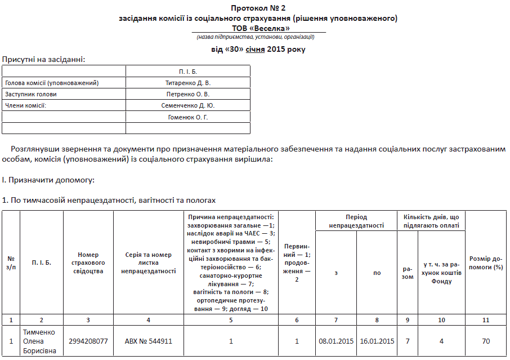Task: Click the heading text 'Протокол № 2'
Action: [x=258, y=8]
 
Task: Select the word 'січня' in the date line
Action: [x=255, y=50]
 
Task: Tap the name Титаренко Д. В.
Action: [x=187, y=83]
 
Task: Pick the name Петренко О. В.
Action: [x=187, y=94]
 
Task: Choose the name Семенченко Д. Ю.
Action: [x=187, y=105]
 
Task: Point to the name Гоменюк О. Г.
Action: [x=187, y=117]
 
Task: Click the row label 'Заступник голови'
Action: [x=31, y=94]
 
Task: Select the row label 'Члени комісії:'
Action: [x=25, y=105]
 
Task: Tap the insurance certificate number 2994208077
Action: [x=88, y=341]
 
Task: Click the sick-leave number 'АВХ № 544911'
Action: [x=149, y=341]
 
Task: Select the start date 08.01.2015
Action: [x=336, y=341]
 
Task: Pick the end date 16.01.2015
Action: [x=377, y=341]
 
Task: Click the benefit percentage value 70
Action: [x=486, y=341]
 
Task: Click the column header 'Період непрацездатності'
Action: [x=356, y=221]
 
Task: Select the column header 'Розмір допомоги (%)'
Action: [x=486, y=263]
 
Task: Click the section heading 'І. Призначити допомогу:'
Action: [x=48, y=180]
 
